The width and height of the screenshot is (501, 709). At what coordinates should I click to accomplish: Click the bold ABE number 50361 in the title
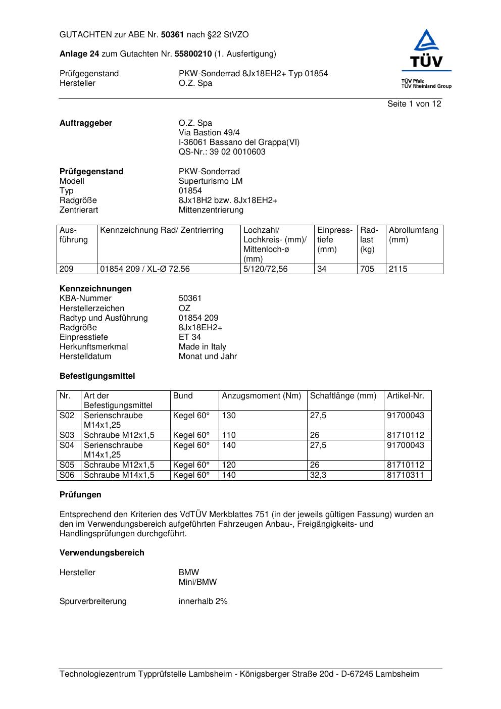click(x=172, y=35)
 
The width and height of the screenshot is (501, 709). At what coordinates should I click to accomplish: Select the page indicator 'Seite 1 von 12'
click(x=414, y=104)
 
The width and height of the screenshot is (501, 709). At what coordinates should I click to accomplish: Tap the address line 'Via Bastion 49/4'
click(x=209, y=133)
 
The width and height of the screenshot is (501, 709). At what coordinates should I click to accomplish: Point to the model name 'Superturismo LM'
click(x=210, y=181)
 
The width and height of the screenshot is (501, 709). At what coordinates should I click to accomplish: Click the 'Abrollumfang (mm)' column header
click(x=413, y=235)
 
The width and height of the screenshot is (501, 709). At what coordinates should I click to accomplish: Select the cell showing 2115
click(x=398, y=269)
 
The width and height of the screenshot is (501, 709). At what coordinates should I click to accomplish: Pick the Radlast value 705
click(x=367, y=269)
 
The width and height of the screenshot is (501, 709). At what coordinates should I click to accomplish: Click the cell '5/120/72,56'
click(x=265, y=269)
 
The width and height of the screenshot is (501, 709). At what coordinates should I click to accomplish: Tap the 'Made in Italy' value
click(x=202, y=347)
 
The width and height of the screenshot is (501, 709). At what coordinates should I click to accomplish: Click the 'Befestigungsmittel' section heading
click(x=97, y=376)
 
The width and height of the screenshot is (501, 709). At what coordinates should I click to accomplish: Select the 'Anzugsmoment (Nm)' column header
click(x=261, y=396)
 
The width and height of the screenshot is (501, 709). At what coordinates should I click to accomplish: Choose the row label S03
click(x=67, y=435)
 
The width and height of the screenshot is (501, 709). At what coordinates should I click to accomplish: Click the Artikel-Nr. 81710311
click(x=406, y=475)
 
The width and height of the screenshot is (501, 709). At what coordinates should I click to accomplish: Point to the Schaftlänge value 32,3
click(x=318, y=475)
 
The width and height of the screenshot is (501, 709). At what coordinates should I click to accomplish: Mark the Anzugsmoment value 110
click(x=229, y=435)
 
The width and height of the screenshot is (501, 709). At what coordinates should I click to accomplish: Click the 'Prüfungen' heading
click(x=80, y=495)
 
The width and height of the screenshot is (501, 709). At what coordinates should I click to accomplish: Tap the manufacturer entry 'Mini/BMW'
click(x=197, y=582)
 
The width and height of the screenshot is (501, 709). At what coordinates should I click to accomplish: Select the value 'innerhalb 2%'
click(x=203, y=601)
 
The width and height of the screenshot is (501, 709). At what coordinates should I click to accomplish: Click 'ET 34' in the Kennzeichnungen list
click(x=189, y=337)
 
